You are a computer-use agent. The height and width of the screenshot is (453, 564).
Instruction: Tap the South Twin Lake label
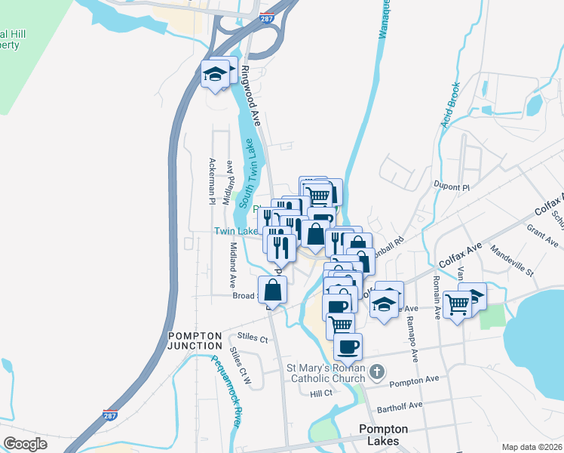tap(247, 163)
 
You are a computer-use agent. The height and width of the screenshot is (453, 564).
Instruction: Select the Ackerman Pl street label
tap(212, 181)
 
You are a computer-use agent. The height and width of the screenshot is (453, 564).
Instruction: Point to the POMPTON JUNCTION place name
tap(195, 341)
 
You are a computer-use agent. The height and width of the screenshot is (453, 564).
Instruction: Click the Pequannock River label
tap(225, 391)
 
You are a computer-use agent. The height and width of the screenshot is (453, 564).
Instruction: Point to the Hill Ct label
tap(321, 393)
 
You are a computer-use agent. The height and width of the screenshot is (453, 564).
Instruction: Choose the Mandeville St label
tap(511, 259)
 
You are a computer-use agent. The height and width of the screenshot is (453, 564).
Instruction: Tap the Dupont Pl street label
tap(452, 186)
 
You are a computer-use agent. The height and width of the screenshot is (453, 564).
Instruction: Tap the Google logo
tap(25, 444)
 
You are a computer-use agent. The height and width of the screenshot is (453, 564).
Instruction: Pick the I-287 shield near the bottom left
tap(110, 414)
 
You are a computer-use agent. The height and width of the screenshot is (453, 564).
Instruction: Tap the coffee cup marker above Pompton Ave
tap(348, 347)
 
